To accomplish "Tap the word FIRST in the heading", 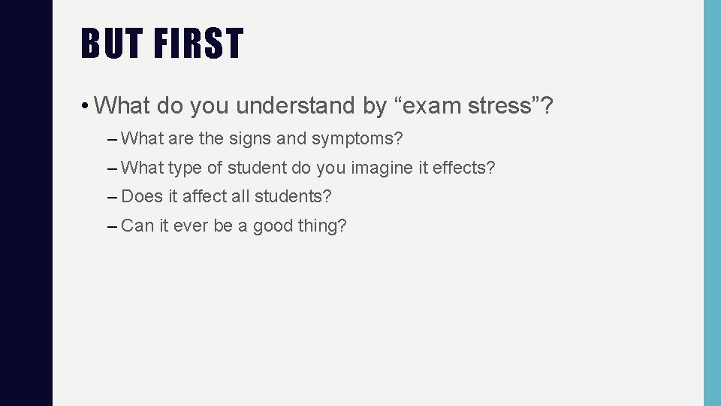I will pyautogui.click(x=199, y=44).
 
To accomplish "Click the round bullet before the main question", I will pyautogui.click(x=87, y=106).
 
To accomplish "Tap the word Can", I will pyautogui.click(x=137, y=225).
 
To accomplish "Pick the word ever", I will pyautogui.click(x=190, y=225).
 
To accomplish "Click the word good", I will pyautogui.click(x=273, y=226).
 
